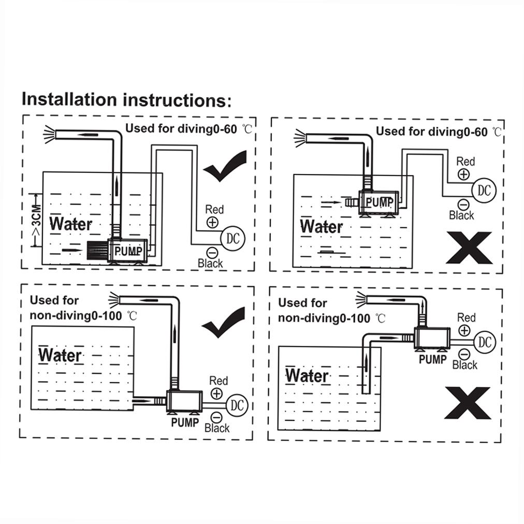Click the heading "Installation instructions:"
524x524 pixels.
(126, 99)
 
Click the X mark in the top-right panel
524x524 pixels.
(469, 248)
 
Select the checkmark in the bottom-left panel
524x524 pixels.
(223, 323)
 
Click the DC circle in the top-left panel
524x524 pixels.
(232, 238)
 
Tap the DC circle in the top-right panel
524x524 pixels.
(484, 190)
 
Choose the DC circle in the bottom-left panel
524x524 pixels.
(237, 404)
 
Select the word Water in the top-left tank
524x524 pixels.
(71, 224)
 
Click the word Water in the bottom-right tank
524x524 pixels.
(307, 375)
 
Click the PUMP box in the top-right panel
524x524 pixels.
(379, 202)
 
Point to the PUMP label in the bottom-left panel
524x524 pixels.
(185, 423)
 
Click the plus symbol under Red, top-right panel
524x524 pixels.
(464, 174)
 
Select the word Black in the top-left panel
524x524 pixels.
(210, 264)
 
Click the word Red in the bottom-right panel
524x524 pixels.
(466, 317)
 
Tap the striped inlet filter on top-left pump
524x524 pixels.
(96, 251)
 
